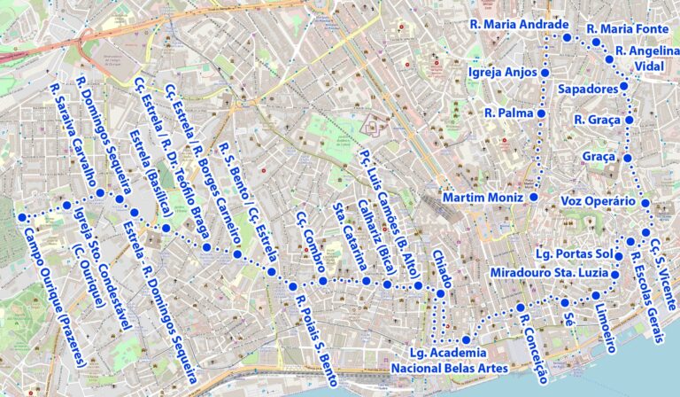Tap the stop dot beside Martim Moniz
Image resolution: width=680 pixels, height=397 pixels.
(x=535, y=197)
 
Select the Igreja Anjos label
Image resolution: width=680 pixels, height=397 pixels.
(x=501, y=72)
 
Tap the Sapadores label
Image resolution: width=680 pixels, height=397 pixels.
(x=587, y=90)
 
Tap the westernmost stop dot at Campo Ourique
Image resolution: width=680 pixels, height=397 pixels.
(x=20, y=217)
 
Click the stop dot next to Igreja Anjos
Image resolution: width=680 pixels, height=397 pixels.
(x=545, y=72)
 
